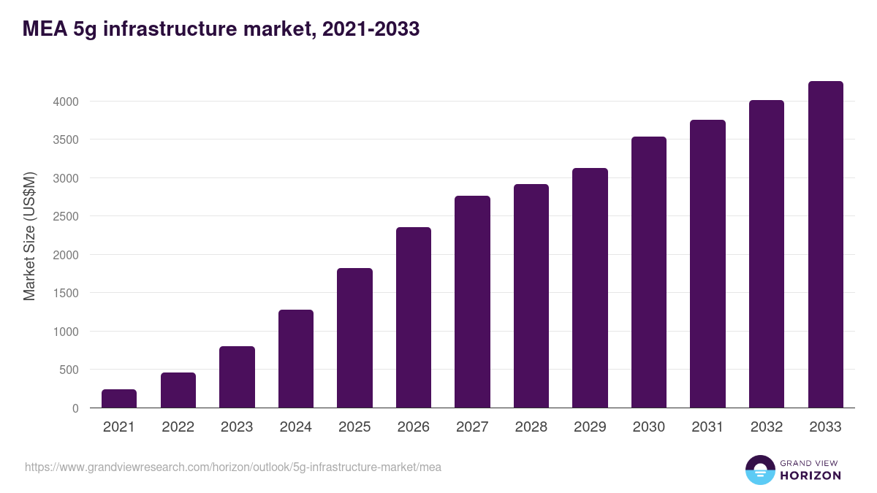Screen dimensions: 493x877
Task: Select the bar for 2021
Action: pos(119,399)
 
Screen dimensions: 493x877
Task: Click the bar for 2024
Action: pos(296,359)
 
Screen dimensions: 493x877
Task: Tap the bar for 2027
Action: pos(472,302)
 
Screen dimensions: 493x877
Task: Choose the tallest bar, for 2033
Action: pos(825,245)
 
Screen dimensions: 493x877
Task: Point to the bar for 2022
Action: pos(178,390)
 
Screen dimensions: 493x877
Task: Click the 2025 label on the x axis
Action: pos(354,427)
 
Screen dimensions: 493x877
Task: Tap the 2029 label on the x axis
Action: pos(590,427)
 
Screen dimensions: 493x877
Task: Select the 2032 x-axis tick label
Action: pos(767,427)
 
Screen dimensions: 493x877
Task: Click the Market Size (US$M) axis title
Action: pos(29,237)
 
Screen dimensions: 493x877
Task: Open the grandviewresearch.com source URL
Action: pos(233,467)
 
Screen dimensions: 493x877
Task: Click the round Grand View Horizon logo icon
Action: pos(759,470)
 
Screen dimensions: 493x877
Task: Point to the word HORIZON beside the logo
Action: pos(810,475)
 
